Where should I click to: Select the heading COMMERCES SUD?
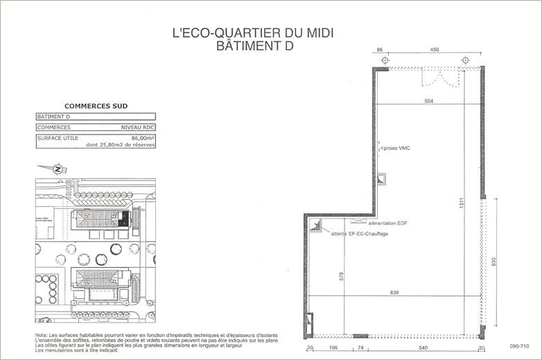(96, 106)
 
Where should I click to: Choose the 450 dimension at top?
(434, 50)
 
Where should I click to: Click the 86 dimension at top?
(379, 50)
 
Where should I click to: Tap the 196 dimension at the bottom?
(333, 348)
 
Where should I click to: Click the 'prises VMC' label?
(396, 148)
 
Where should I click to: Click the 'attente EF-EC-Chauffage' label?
(359, 234)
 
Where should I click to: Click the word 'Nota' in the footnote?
(42, 336)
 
